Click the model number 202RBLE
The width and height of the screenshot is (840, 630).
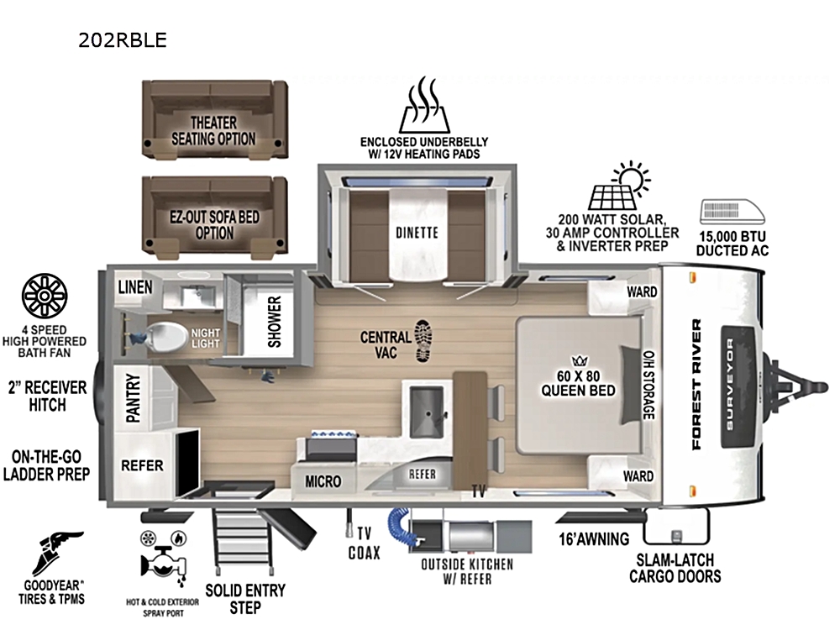[123, 40]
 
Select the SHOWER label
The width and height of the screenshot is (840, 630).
[275, 322]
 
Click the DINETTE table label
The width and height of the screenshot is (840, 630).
[417, 233]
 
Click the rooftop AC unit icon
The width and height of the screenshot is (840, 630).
[732, 212]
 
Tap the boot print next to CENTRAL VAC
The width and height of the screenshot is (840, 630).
[423, 341]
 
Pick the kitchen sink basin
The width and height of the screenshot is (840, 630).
[427, 412]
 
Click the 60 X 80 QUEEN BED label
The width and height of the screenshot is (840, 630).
[578, 383]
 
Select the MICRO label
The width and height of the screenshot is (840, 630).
[323, 481]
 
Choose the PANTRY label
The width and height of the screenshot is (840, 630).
[133, 398]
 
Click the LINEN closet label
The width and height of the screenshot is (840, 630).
[135, 287]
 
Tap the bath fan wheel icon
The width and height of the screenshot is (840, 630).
[45, 296]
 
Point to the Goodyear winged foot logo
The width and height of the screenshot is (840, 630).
[55, 554]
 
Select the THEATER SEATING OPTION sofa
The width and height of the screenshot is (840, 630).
[214, 119]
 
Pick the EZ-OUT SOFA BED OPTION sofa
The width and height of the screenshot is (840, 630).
[214, 215]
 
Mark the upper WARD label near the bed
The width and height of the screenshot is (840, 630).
[642, 292]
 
